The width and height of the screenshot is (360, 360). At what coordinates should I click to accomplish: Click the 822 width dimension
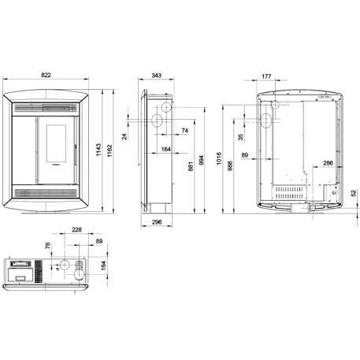(46, 75)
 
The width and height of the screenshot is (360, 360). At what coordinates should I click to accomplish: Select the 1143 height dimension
(98, 150)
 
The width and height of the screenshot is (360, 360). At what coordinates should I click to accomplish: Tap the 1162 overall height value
(109, 150)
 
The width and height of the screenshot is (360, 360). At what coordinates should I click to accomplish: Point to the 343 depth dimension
(156, 76)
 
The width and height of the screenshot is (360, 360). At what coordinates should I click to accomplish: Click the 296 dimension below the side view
(157, 222)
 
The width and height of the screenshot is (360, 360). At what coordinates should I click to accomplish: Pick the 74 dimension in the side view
(184, 131)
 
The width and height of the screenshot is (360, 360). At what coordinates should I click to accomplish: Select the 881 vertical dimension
(191, 166)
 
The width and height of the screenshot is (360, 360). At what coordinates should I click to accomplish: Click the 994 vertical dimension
(202, 160)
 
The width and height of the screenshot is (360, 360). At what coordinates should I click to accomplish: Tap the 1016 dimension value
(219, 158)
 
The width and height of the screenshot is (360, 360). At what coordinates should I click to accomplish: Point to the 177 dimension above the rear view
(266, 76)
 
